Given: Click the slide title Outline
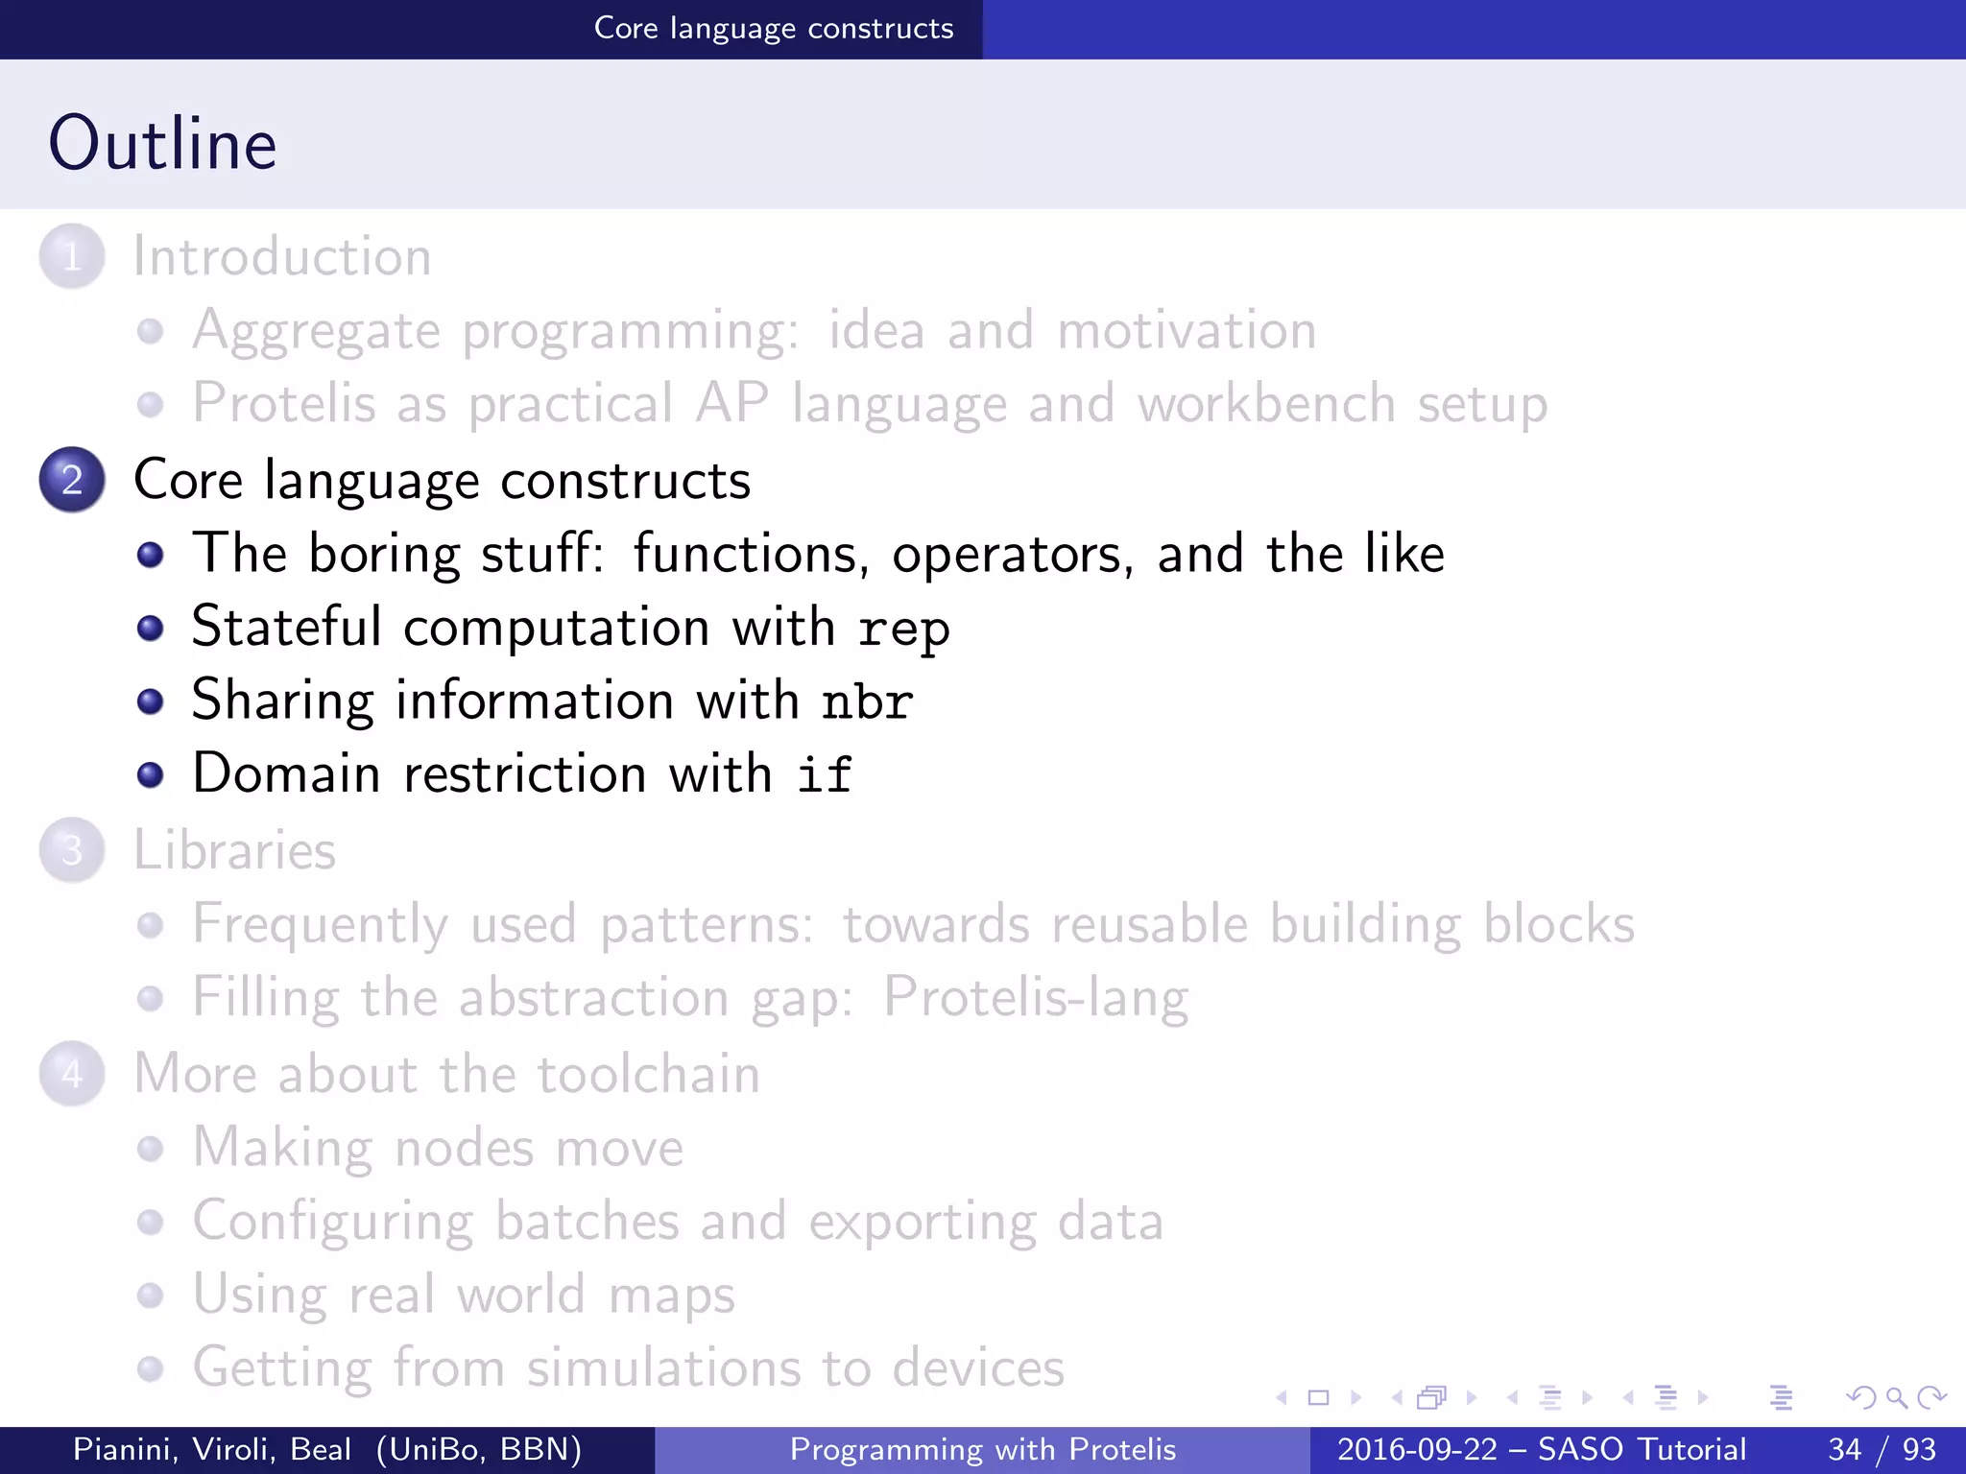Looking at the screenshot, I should pyautogui.click(x=162, y=143).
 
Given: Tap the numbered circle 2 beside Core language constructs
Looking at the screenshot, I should pyautogui.click(x=72, y=479).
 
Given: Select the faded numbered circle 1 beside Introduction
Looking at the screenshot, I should pyautogui.click(x=72, y=256).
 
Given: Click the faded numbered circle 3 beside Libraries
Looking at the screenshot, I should pyautogui.click(x=72, y=850).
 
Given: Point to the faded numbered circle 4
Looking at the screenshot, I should pyautogui.click(x=72, y=1073).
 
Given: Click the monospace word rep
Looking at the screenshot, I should pyautogui.click(x=903, y=630).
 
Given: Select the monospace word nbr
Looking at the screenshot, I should pyautogui.click(x=867, y=701).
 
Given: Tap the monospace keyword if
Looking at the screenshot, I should pyautogui.click(x=824, y=774).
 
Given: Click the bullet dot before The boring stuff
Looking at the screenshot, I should pyautogui.click(x=150, y=555).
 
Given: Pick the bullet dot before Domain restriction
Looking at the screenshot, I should pyautogui.click(x=150, y=774).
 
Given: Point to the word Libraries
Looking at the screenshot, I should pyautogui.click(x=234, y=850).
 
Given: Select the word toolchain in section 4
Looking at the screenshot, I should pyautogui.click(x=648, y=1073).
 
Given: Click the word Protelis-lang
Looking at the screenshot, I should pyautogui.click(x=1035, y=998).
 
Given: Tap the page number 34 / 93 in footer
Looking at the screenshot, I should pyautogui.click(x=1882, y=1449).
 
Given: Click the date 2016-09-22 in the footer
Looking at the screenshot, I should pyautogui.click(x=1417, y=1449).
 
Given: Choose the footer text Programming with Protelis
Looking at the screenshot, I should pyautogui.click(x=982, y=1449).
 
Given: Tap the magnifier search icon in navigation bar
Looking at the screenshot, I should pyautogui.click(x=1896, y=1398).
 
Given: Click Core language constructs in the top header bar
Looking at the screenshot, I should pyautogui.click(x=774, y=29).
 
